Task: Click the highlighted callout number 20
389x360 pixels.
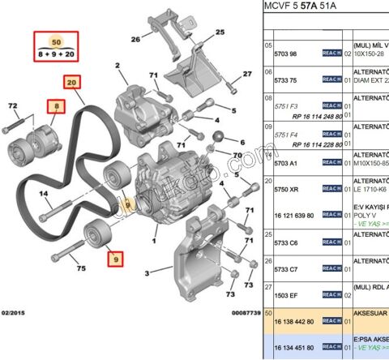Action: point(72,82)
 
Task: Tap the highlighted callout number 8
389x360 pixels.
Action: point(57,106)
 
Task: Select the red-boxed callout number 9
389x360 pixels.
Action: point(115,259)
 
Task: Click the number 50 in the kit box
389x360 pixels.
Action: point(56,41)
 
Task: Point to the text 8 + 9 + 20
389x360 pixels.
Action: point(56,54)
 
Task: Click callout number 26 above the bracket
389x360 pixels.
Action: point(135,38)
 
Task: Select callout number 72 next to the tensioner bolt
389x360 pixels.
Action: point(12,107)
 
